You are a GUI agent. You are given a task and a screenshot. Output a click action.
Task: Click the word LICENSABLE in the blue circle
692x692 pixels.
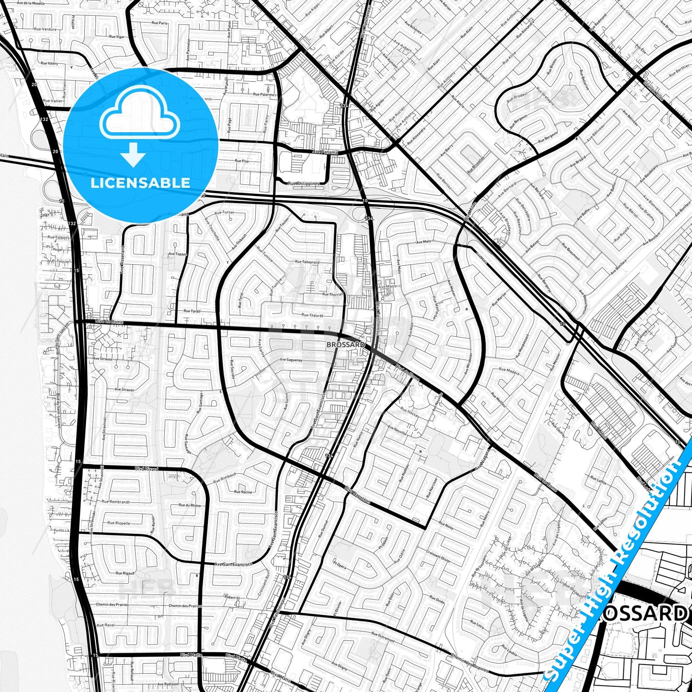click(140, 183)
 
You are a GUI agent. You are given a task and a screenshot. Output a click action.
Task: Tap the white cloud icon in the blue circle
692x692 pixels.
click(139, 117)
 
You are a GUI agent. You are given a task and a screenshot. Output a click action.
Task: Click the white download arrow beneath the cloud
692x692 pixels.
click(134, 155)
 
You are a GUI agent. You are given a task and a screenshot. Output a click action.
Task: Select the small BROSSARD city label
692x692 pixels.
click(345, 345)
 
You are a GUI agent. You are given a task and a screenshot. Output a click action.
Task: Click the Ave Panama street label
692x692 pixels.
click(325, 152)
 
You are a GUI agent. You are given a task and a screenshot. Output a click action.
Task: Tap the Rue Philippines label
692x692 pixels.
click(303, 183)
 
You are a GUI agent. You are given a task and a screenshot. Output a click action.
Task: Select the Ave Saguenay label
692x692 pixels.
click(291, 360)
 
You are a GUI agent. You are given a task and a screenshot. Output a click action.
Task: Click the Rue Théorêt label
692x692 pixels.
click(312, 316)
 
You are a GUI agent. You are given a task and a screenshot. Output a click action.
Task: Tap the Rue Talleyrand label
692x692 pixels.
click(307, 262)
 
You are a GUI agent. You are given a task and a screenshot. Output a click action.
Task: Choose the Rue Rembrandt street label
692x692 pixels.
click(115, 502)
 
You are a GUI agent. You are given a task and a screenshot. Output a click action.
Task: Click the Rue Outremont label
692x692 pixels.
click(383, 639)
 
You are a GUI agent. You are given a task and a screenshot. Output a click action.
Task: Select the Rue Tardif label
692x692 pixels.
click(193, 311)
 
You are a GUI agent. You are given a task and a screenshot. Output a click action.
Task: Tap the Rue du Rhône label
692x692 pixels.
click(190, 505)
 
